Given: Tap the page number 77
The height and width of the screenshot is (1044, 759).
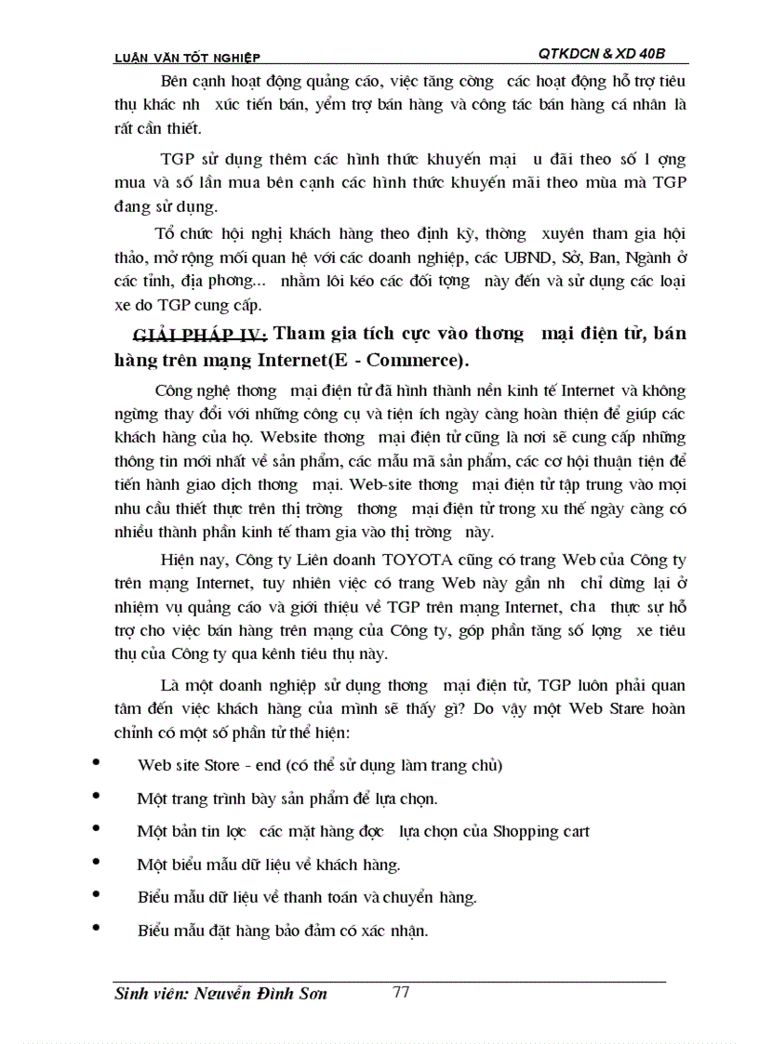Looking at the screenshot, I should point(401,992).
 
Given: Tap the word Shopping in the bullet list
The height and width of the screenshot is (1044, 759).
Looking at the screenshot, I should point(527,831).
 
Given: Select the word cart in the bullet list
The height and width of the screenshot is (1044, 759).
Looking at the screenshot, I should point(576,831).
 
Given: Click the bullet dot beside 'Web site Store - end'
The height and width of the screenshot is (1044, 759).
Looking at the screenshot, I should point(97,763).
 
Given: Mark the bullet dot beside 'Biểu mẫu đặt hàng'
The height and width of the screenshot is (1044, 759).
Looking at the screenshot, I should point(97,929).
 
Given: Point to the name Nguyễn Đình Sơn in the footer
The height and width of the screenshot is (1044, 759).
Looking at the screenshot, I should point(261,994).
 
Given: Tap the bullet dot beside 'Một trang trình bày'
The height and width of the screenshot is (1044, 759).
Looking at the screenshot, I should point(97,797).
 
